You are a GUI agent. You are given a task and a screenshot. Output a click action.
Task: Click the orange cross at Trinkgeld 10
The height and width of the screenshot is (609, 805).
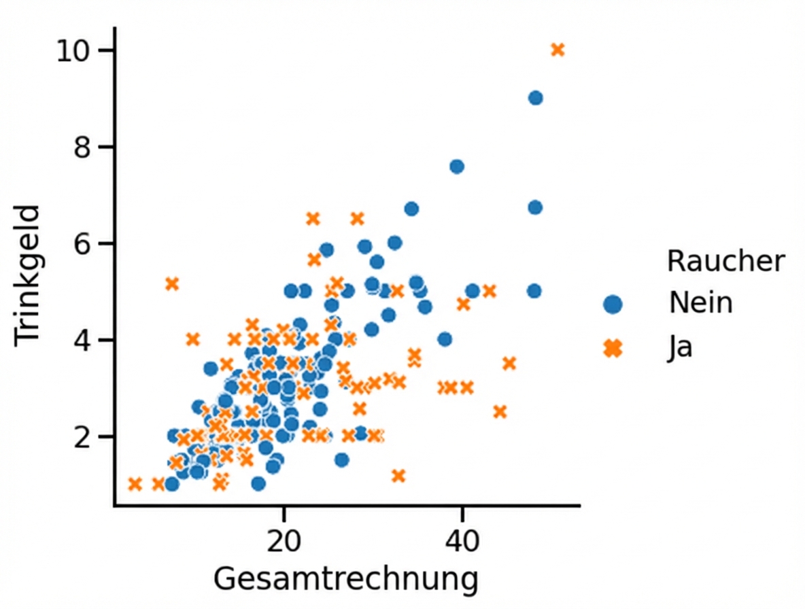558,50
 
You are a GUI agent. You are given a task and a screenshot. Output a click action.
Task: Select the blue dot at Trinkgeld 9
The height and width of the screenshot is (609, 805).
535,98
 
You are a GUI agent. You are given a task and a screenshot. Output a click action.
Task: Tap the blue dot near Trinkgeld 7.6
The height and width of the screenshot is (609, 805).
457,167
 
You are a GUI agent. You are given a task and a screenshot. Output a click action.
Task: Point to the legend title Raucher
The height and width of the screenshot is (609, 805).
725,261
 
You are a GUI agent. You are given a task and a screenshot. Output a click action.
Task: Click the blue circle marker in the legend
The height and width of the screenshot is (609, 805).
613,304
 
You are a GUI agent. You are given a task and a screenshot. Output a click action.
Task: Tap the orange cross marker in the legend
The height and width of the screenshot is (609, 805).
613,348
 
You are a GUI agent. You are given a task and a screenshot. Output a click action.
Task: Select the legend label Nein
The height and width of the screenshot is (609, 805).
700,303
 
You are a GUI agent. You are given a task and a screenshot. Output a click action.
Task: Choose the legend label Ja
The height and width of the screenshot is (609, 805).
680,348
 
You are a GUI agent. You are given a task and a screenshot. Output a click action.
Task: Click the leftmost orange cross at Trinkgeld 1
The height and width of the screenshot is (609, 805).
135,484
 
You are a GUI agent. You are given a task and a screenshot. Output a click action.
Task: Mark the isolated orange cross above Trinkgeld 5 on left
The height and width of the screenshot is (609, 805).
172,283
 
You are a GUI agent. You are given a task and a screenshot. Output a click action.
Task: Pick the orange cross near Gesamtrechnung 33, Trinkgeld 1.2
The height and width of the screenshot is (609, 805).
398,476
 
